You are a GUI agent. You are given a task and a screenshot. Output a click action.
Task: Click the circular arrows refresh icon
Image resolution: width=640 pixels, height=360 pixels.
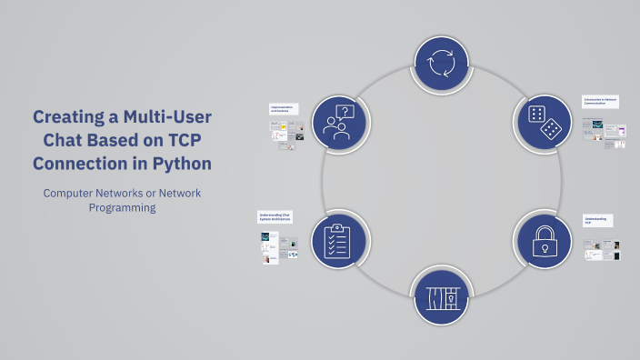tap(441, 64)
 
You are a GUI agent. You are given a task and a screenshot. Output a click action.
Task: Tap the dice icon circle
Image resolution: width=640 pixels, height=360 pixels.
tap(544, 123)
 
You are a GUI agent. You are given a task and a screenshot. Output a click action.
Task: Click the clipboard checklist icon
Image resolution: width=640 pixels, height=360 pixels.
tap(338, 241)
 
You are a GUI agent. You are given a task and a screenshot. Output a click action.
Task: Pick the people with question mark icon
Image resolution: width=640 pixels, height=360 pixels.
tap(338, 123)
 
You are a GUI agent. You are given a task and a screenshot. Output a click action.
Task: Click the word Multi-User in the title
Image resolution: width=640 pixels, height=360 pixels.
tap(169, 117)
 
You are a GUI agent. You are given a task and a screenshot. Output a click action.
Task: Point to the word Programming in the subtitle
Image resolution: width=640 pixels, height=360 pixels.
tap(123, 207)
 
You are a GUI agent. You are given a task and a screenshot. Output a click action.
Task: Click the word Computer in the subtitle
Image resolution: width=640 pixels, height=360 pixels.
tap(72, 193)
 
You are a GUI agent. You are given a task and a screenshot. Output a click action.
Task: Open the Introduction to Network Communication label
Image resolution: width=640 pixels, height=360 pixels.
tap(600, 102)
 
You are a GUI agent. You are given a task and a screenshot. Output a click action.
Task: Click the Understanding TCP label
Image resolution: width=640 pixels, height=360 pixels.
tap(596, 220)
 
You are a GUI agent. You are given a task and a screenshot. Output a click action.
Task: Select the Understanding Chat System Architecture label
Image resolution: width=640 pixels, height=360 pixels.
tap(275, 217)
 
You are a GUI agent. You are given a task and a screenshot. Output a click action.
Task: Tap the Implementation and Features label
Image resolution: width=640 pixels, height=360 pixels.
tap(283, 108)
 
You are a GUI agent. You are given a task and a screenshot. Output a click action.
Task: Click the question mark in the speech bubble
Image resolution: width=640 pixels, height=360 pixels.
tap(345, 113)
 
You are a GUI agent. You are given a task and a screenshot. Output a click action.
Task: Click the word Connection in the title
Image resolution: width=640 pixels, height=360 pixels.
tap(87, 164)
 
